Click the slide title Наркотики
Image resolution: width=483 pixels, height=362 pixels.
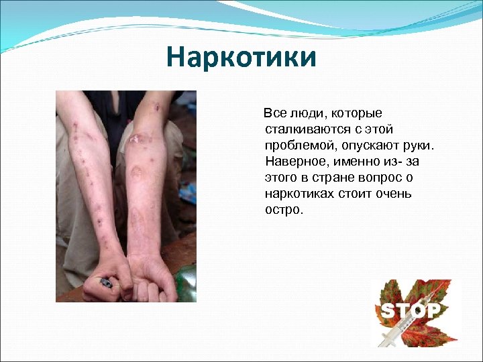pyautogui.click(x=241, y=58)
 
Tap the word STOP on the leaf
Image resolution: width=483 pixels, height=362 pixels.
pyautogui.click(x=411, y=310)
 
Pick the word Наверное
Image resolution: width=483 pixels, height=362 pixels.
pyautogui.click(x=293, y=162)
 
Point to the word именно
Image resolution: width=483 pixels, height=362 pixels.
pyautogui.click(x=354, y=162)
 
